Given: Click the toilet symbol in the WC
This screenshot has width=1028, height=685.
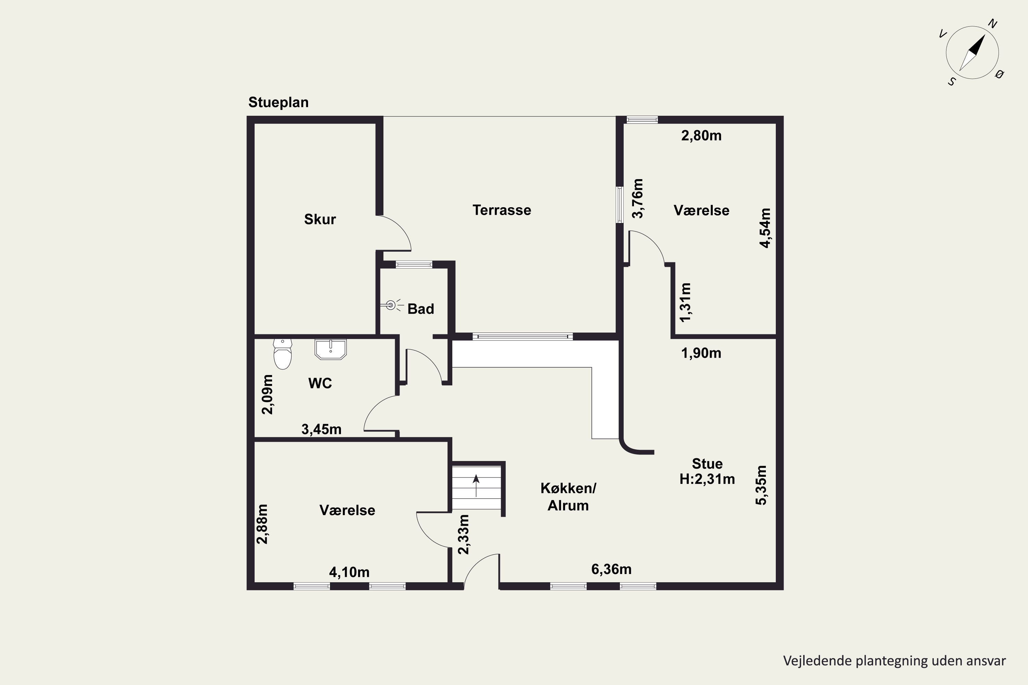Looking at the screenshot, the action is [282, 354].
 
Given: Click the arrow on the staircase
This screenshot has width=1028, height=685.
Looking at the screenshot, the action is [476, 485].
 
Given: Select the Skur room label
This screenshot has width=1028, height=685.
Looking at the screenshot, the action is [320, 219].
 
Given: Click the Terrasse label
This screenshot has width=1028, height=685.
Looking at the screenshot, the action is [502, 210].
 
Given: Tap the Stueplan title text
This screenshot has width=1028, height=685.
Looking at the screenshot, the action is [278, 102].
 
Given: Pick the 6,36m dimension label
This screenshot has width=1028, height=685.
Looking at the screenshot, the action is [611, 569].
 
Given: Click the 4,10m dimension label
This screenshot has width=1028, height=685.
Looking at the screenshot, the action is [349, 572].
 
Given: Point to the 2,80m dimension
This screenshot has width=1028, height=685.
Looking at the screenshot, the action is [701, 135].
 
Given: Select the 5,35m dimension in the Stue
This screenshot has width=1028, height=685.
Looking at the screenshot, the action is [761, 485].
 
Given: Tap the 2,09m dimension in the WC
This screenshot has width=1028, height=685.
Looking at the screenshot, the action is [267, 394].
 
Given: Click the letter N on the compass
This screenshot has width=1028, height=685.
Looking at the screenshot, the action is [993, 24].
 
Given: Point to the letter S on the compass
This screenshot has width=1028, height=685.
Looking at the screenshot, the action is [952, 82].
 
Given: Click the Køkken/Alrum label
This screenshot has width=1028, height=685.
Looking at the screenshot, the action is [568, 497].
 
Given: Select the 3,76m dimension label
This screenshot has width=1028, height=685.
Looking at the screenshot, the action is [638, 198].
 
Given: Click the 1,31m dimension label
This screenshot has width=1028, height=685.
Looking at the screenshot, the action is [685, 302].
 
